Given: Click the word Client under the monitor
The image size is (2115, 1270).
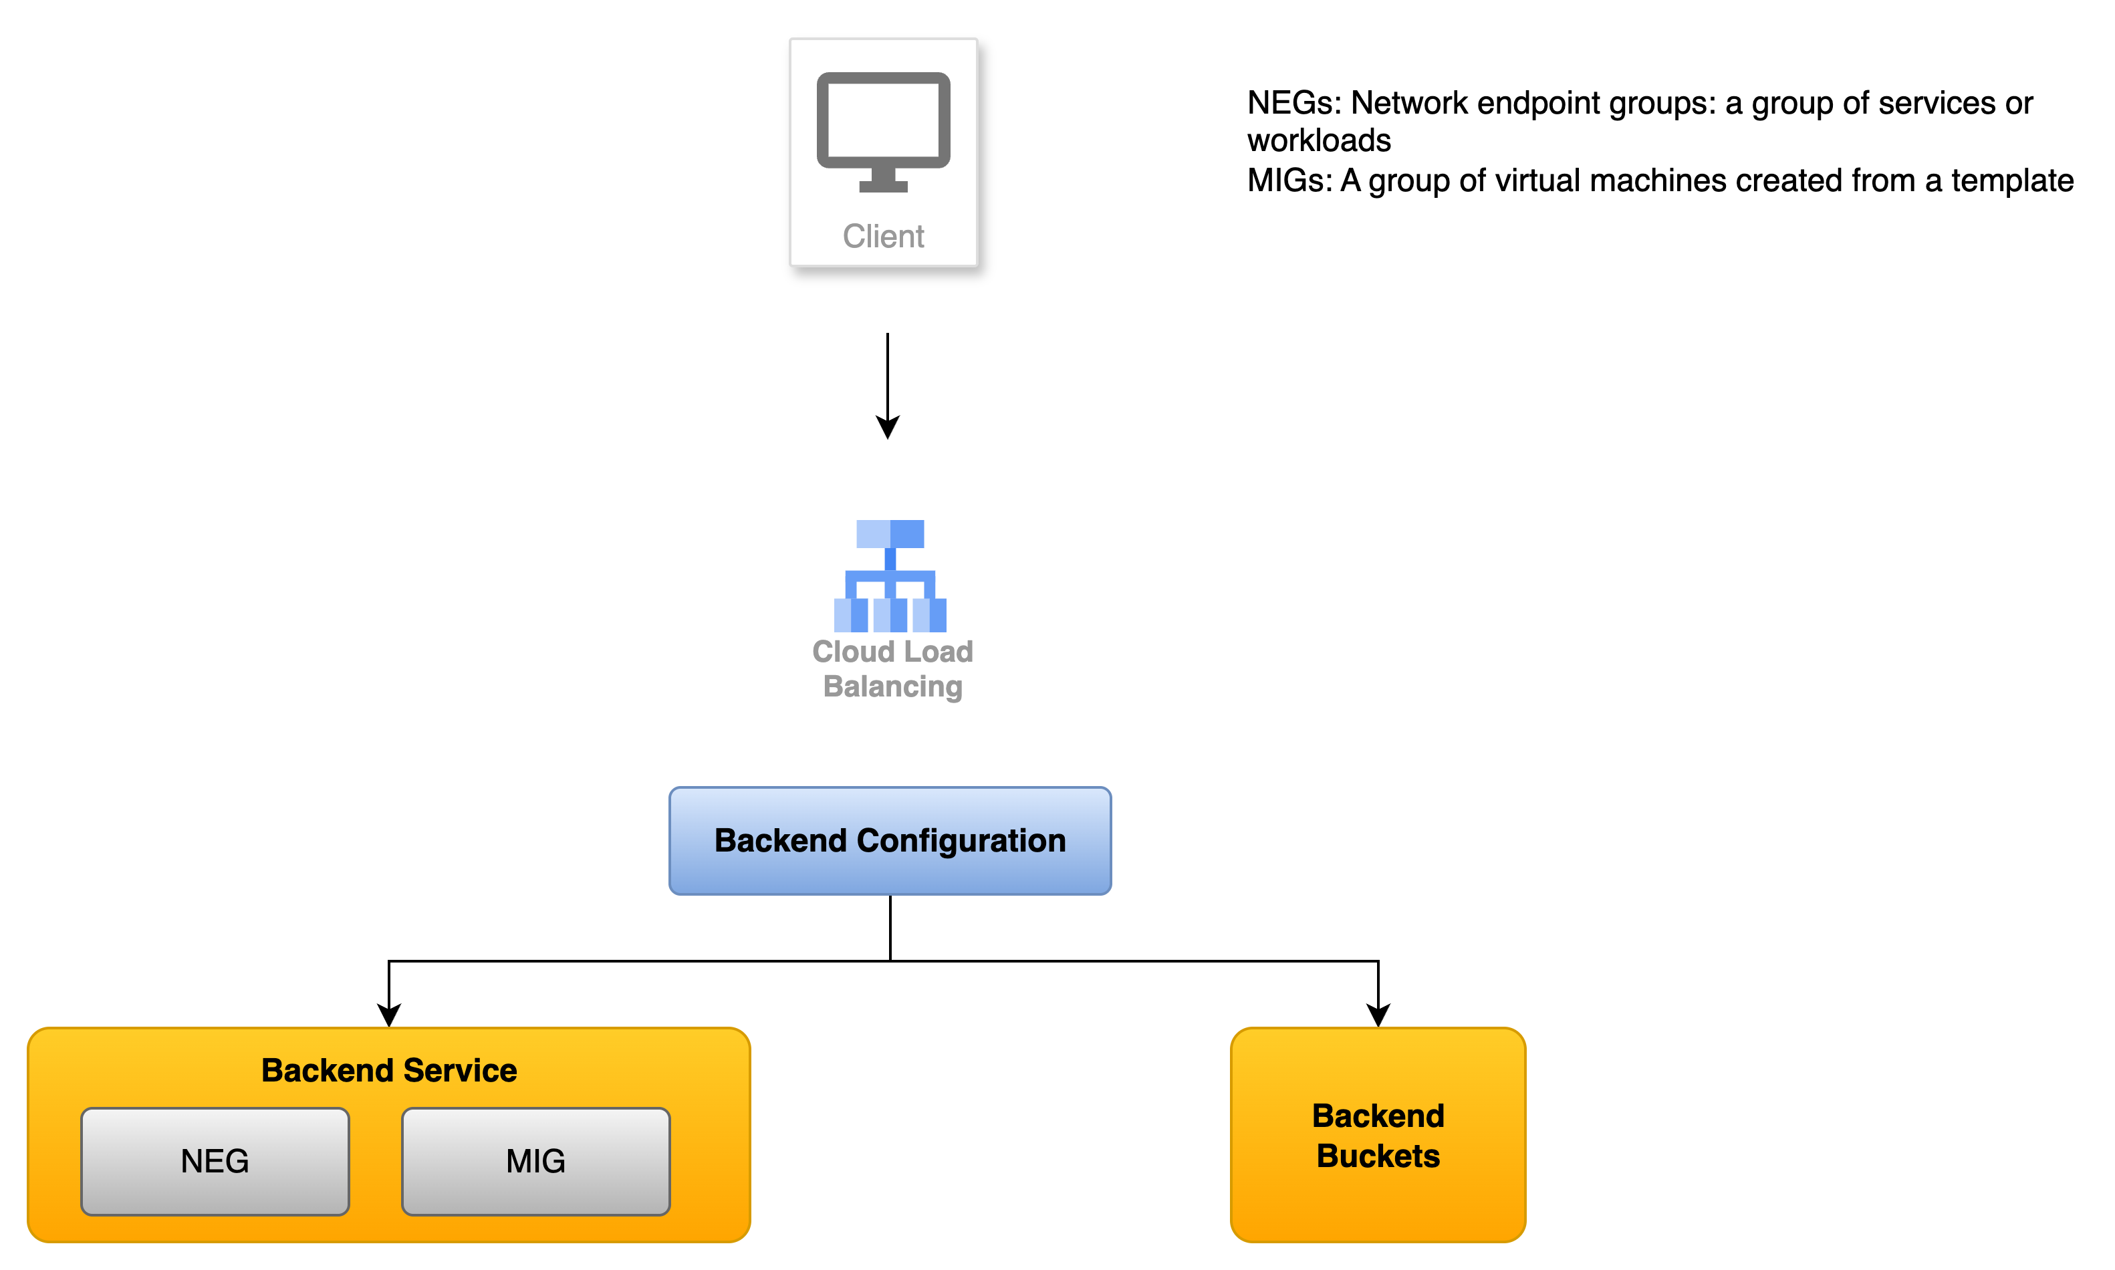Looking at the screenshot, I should pyautogui.click(x=883, y=236).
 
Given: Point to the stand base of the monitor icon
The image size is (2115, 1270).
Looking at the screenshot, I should pyautogui.click(x=883, y=186).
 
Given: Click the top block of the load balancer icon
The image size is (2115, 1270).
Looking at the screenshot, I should pyautogui.click(x=890, y=534).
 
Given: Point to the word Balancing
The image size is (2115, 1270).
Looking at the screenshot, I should pyautogui.click(x=892, y=686).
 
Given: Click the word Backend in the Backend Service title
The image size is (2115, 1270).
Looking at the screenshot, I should pyautogui.click(x=328, y=1071).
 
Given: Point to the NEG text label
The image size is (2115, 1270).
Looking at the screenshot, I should pyautogui.click(x=215, y=1161).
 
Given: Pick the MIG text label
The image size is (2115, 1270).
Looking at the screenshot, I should pyautogui.click(x=535, y=1161).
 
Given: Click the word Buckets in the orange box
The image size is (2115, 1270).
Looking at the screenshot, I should pyautogui.click(x=1378, y=1156).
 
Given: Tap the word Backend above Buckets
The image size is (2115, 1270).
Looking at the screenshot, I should pyautogui.click(x=1378, y=1116).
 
